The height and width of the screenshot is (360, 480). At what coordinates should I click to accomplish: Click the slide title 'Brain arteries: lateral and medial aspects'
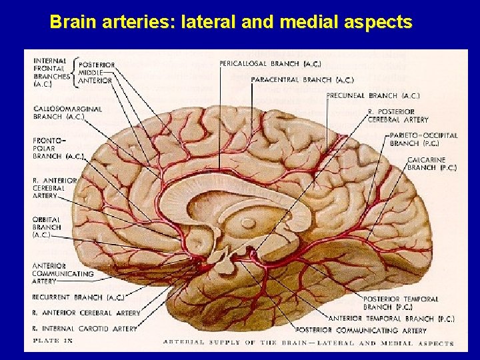[231, 23]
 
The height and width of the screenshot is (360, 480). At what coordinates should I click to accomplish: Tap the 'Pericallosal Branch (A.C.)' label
[269, 64]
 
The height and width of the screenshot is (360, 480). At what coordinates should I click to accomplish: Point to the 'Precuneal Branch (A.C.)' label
[373, 96]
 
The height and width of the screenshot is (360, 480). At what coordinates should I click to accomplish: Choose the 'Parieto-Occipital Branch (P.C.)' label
[423, 139]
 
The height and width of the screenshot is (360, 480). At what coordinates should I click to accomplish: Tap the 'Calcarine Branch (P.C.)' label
[432, 164]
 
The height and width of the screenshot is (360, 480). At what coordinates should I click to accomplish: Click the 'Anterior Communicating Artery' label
[63, 273]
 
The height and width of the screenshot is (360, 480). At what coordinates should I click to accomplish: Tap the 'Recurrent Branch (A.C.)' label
[77, 297]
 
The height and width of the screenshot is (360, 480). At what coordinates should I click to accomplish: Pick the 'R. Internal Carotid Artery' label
[84, 329]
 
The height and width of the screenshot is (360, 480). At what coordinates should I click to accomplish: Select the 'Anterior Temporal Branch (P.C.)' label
[391, 318]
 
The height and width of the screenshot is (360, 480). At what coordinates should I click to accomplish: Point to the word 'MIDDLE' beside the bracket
[90, 73]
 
